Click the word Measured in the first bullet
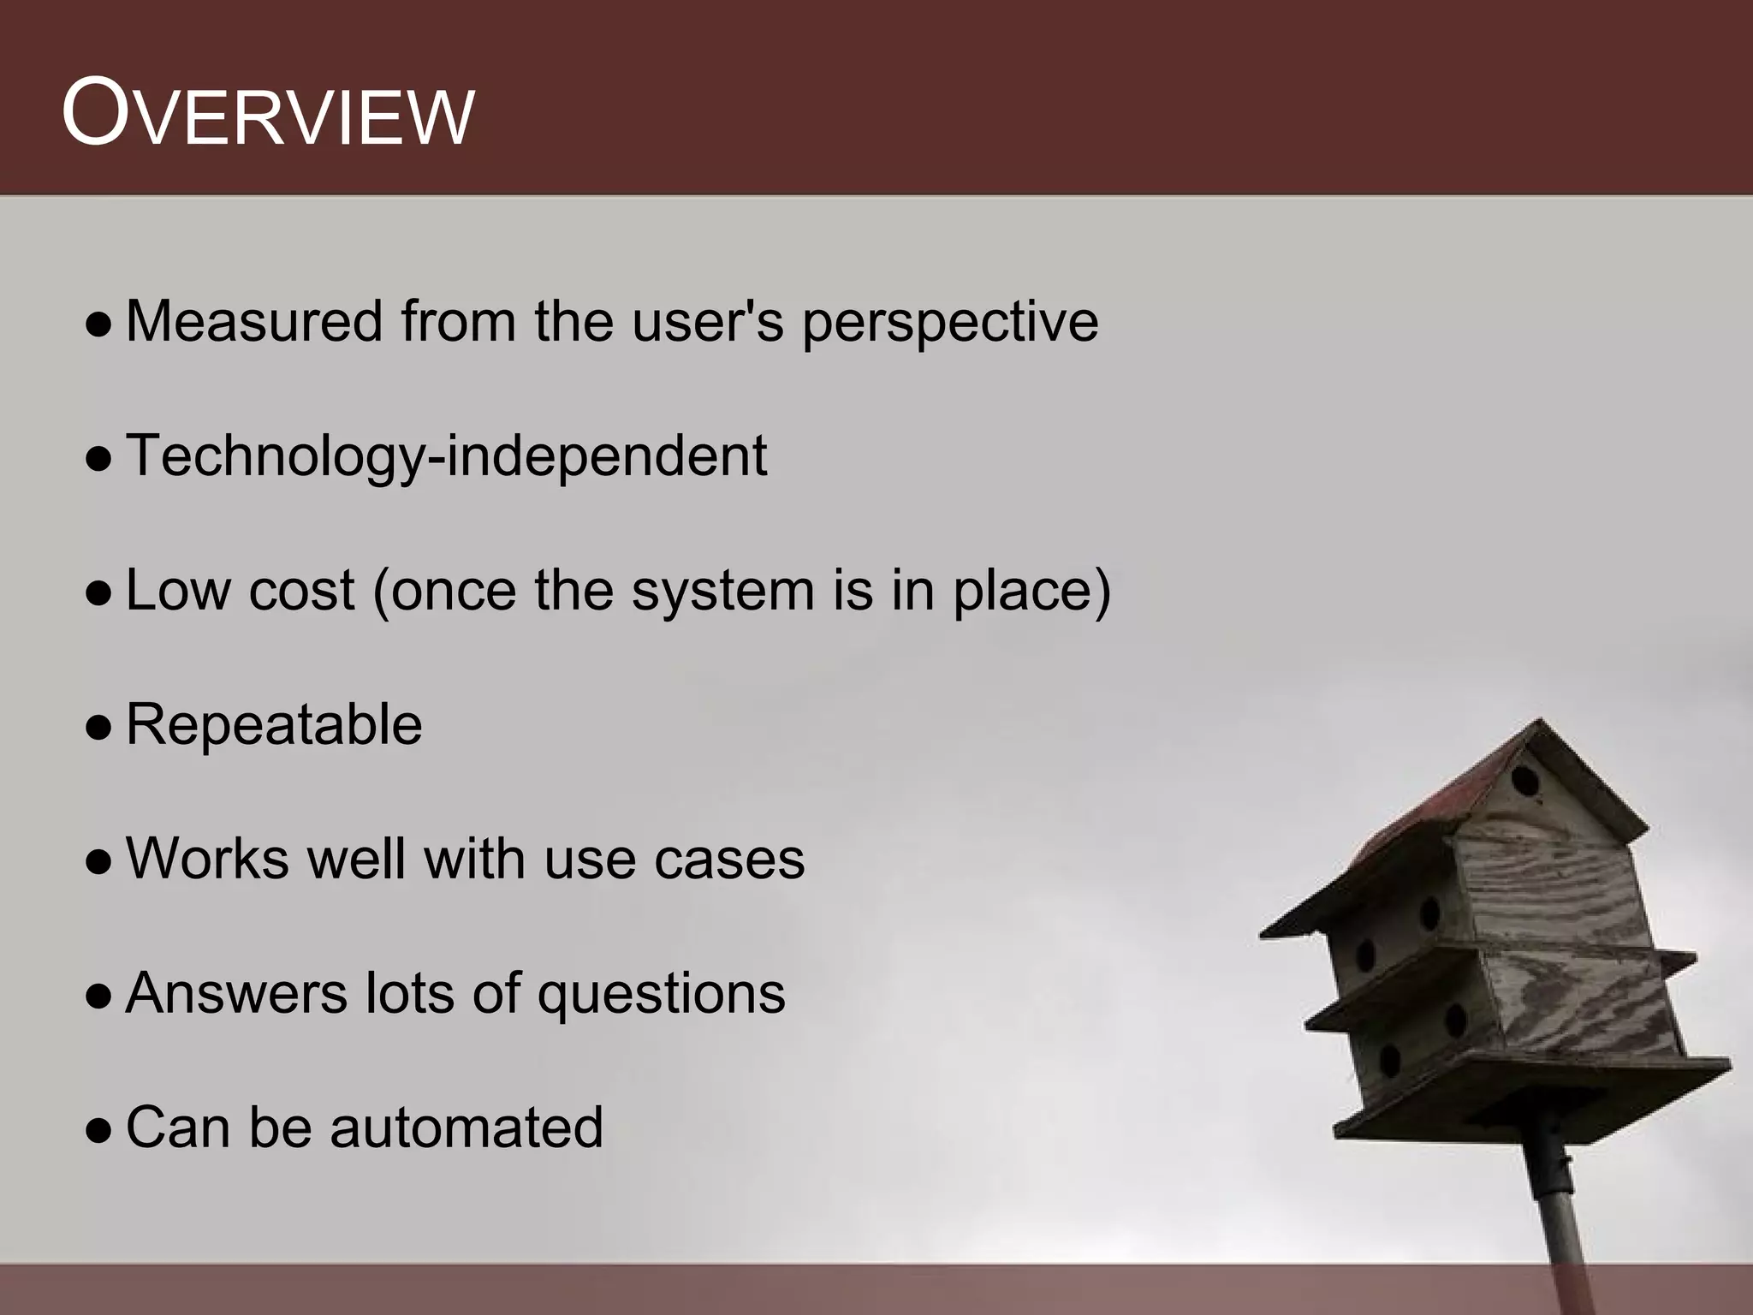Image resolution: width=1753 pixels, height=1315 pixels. [x=253, y=322]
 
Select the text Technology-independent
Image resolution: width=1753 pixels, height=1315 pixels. [x=446, y=456]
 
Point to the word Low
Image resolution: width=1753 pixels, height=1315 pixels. [x=177, y=591]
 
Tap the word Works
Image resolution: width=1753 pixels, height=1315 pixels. [x=208, y=859]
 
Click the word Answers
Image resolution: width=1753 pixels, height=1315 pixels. [x=235, y=993]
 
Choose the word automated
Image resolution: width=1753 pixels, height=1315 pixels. [x=466, y=1128]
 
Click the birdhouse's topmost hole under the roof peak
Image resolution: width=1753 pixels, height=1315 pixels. [x=1524, y=781]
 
